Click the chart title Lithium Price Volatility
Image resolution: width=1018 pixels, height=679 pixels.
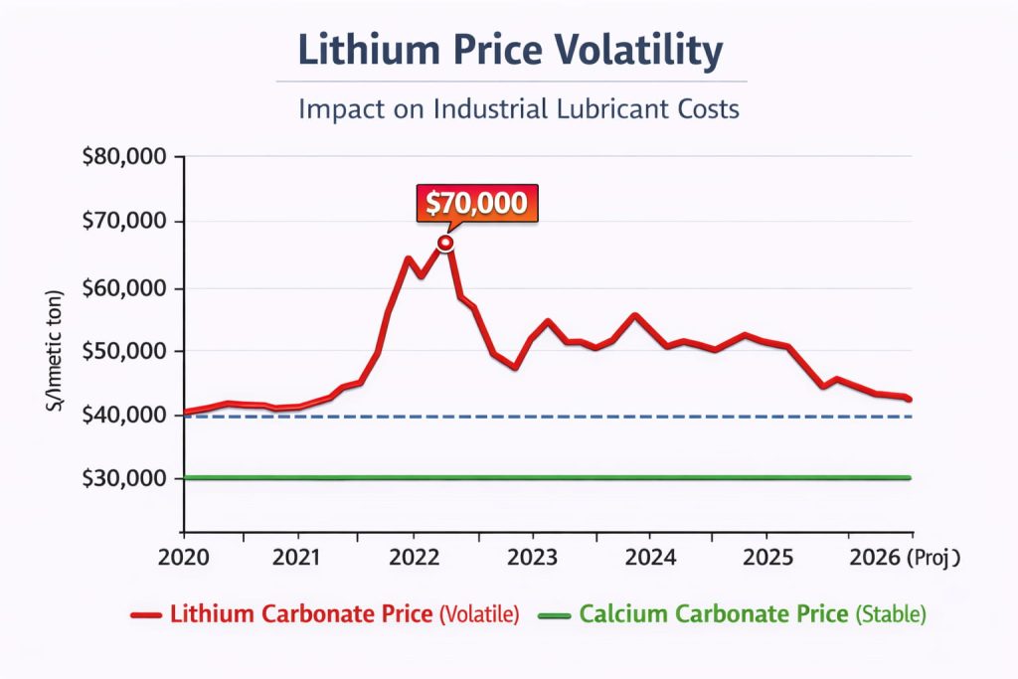(510, 52)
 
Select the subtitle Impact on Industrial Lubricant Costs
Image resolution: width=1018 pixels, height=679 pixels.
(518, 108)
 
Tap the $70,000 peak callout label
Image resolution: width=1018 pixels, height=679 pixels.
(476, 204)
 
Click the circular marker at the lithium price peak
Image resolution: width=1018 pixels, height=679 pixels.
(446, 243)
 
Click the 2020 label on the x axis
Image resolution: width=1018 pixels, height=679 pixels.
(183, 558)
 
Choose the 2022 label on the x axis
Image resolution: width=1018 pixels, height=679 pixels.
(417, 558)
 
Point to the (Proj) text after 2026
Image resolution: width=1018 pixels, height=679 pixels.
(934, 558)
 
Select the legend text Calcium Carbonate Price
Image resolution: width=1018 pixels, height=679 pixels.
(714, 614)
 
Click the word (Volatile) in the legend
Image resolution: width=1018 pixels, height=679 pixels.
(479, 615)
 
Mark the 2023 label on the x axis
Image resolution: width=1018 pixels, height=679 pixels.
(533, 558)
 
